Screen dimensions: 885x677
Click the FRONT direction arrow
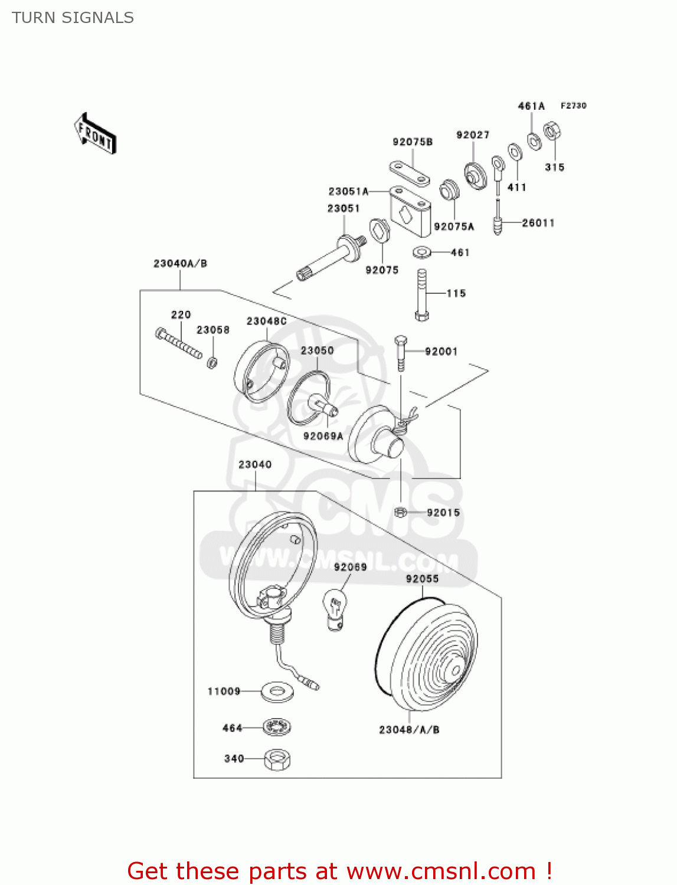coord(95,134)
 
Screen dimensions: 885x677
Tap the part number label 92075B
coord(413,142)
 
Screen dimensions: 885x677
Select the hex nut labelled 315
coord(552,131)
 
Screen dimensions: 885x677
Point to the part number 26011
coord(538,223)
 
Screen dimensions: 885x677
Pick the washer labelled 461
coord(421,253)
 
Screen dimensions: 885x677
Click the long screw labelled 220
coord(179,343)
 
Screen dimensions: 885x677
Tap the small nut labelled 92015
coord(400,512)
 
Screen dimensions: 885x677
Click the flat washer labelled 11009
coord(277,691)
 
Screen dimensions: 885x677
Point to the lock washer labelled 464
coord(277,727)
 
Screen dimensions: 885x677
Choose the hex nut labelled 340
coord(277,759)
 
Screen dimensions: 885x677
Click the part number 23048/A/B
coord(409,730)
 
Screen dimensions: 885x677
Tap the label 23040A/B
coord(180,264)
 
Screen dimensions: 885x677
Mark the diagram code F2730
coord(573,106)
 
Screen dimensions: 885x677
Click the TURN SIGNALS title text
coord(73,18)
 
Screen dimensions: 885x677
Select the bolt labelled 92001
coord(401,352)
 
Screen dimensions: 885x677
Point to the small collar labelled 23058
coord(212,362)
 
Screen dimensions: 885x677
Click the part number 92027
coord(473,135)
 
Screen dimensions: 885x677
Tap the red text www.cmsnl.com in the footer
coord(441,871)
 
